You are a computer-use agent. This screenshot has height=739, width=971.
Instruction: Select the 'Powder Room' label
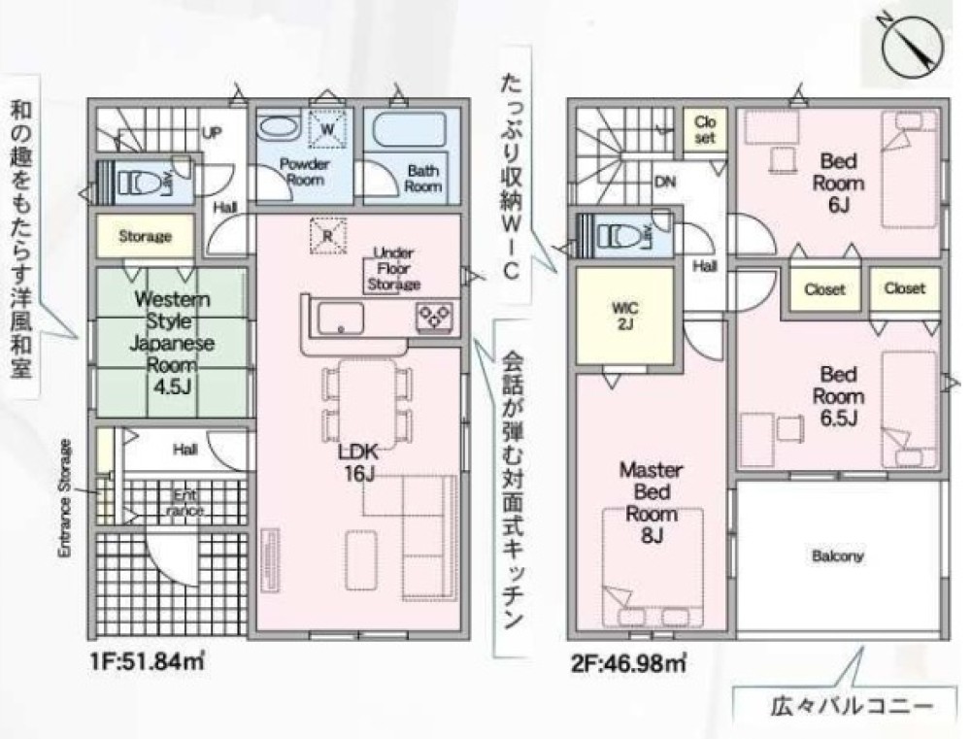[304, 172]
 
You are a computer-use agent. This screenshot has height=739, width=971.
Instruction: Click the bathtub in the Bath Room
[409, 129]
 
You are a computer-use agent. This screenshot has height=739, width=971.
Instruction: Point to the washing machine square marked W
[327, 129]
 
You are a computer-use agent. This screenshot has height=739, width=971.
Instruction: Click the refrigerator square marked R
[327, 235]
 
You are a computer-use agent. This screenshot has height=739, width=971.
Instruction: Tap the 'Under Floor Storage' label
[394, 269]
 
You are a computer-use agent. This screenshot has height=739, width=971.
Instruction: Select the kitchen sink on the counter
[341, 319]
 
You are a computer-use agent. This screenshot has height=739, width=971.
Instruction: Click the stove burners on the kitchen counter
[435, 317]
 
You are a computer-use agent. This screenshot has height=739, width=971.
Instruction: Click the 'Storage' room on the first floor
[145, 236]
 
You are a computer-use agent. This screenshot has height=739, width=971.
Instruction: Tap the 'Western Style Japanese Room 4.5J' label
[172, 343]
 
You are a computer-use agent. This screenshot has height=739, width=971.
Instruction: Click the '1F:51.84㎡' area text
[148, 661]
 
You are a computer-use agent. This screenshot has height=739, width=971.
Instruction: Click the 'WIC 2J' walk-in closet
[624, 316]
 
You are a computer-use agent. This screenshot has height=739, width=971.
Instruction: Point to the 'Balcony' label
[837, 555]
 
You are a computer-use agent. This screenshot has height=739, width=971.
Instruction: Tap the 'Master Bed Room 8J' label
[652, 502]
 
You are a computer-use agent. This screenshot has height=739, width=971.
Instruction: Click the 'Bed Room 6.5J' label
[839, 396]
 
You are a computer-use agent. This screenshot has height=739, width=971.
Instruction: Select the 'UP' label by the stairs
[212, 133]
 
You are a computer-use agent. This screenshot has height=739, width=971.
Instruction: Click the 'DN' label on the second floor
[665, 183]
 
